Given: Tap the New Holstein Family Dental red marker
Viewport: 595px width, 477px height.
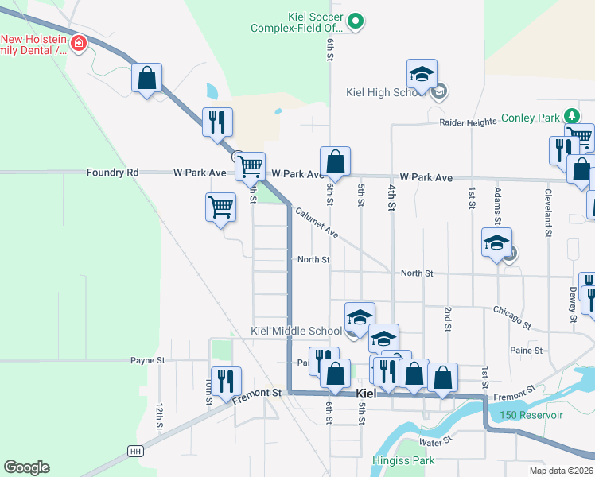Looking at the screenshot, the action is [79, 43].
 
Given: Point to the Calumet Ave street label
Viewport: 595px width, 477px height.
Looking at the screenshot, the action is [317, 223].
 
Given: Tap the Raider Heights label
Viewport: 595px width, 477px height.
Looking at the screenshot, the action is [468, 123].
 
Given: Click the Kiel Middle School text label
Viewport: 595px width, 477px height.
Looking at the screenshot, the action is [296, 331].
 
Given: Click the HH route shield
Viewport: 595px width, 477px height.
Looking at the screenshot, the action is [135, 451].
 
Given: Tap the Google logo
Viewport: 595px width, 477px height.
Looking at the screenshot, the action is [26, 467].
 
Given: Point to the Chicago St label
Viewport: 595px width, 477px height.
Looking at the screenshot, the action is [511, 316].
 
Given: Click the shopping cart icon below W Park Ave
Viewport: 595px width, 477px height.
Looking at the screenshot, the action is [220, 208].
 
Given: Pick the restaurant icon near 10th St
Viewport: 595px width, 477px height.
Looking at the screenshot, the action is [225, 382].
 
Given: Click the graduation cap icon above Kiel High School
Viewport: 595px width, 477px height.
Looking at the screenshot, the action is [422, 75].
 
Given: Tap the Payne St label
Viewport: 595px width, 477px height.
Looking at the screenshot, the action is [147, 360].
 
